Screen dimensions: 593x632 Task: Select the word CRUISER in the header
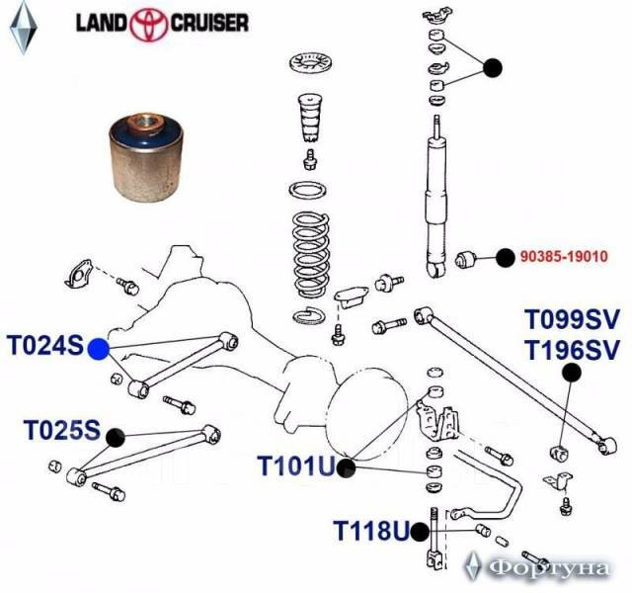[213, 22]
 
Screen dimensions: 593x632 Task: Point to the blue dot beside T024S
[98, 348]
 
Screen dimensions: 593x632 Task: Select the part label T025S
[61, 431]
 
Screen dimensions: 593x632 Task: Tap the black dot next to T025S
[115, 434]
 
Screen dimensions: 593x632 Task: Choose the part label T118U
[369, 532]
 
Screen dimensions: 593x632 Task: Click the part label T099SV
[572, 319]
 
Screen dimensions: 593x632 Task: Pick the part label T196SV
[572, 349]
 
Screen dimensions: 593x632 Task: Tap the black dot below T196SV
[570, 373]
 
